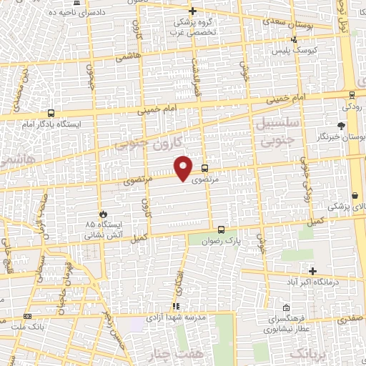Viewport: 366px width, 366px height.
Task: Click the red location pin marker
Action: pos(184,168)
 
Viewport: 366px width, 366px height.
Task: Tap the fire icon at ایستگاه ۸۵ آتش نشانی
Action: pos(104,214)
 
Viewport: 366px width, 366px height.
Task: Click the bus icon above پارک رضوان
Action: pos(221,230)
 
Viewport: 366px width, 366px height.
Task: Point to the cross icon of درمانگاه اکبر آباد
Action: pos(312,271)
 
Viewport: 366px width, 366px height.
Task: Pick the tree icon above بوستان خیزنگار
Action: pos(350,125)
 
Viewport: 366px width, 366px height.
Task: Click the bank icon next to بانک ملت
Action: pos(27,316)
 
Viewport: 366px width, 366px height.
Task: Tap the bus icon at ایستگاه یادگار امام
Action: pos(50,113)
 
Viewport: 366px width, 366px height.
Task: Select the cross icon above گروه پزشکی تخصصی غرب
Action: pos(192,11)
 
